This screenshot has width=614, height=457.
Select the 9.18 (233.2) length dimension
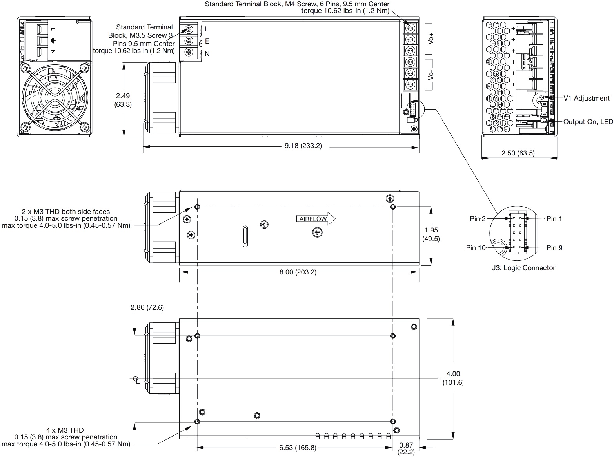click(x=303, y=146)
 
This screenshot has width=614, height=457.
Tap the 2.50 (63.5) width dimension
click(x=518, y=153)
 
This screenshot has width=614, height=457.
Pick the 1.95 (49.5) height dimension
click(x=431, y=234)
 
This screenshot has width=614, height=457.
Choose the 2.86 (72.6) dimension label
click(x=147, y=308)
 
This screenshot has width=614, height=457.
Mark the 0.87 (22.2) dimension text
click(x=406, y=449)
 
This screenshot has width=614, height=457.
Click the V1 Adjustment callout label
click(x=586, y=98)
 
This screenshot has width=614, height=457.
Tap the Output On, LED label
click(x=588, y=122)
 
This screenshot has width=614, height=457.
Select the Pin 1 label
click(x=554, y=219)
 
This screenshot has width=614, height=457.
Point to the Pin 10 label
click(x=476, y=248)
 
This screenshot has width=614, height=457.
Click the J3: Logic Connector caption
click(x=523, y=268)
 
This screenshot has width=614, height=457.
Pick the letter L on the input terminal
click(x=207, y=29)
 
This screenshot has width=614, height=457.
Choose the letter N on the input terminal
click(x=207, y=54)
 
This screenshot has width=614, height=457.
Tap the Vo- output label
click(x=431, y=75)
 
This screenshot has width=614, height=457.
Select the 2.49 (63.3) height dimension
click(x=123, y=100)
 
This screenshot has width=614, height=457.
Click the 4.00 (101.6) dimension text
click(x=453, y=378)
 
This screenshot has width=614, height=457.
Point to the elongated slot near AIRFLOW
click(x=245, y=236)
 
